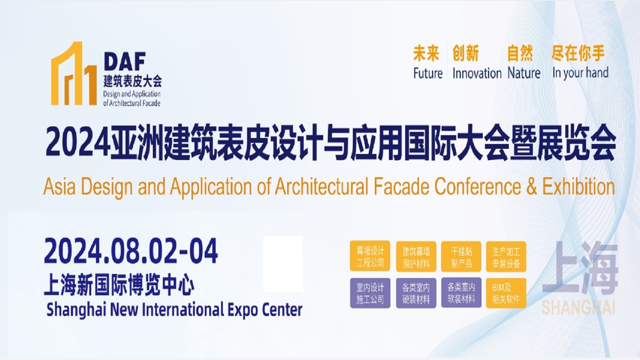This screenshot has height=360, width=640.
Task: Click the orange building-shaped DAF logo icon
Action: click(74, 74)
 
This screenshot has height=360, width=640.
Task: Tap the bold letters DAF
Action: click(125, 61)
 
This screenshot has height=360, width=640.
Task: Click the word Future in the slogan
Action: click(428, 73)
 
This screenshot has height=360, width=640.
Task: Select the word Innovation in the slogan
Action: click(477, 73)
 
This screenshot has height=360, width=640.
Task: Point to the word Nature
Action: click(524, 73)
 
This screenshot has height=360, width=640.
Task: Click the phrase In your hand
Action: click(580, 73)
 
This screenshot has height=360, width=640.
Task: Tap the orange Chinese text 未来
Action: click(426, 53)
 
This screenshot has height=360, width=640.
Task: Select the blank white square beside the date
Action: click(283, 264)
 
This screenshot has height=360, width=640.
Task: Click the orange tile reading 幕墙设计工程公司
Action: click(370, 256)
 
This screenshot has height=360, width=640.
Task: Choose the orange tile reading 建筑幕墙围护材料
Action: click(416, 256)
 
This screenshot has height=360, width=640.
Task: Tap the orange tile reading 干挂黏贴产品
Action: click(461, 256)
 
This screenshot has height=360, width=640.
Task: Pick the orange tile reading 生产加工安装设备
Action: click(506, 256)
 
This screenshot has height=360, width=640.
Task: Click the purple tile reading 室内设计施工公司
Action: click(370, 293)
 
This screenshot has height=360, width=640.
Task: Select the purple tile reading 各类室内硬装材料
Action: click(416, 293)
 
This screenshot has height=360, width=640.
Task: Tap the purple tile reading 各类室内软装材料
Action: click(461, 292)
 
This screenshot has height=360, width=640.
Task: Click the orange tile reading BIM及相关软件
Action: click(506, 293)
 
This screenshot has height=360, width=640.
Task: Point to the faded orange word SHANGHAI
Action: click(578, 308)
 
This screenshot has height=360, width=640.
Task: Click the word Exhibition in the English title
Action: click(578, 186)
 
